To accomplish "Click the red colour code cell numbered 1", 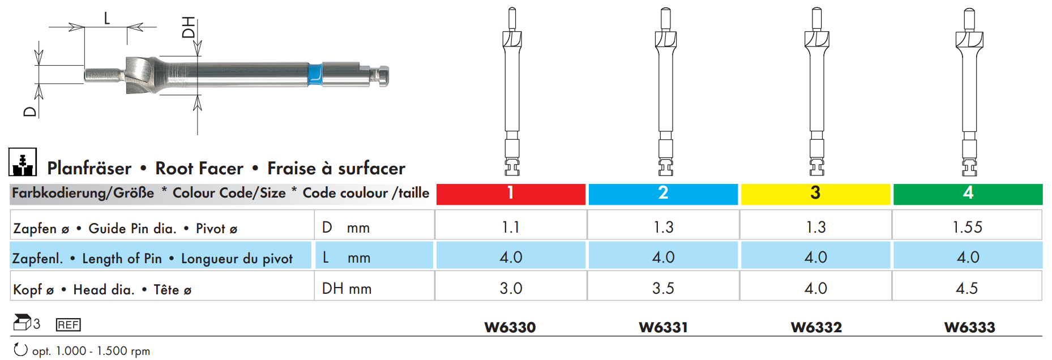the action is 511,194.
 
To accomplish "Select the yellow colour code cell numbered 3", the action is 816,194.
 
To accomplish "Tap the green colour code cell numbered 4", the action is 968,194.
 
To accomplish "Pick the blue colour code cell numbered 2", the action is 663,194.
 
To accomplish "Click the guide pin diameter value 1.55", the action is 967,227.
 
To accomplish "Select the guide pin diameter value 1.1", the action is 511,227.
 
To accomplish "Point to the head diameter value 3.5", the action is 663,288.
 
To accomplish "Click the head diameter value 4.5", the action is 967,288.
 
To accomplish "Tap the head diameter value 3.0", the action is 511,288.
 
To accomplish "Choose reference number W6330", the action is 510,327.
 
